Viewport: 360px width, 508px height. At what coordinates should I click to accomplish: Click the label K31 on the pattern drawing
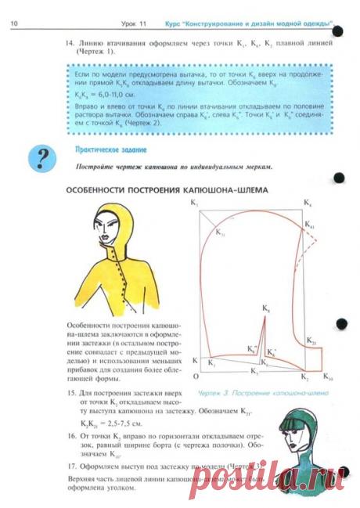pos(221,234)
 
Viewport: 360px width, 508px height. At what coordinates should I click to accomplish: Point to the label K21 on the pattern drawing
pos(311,343)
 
